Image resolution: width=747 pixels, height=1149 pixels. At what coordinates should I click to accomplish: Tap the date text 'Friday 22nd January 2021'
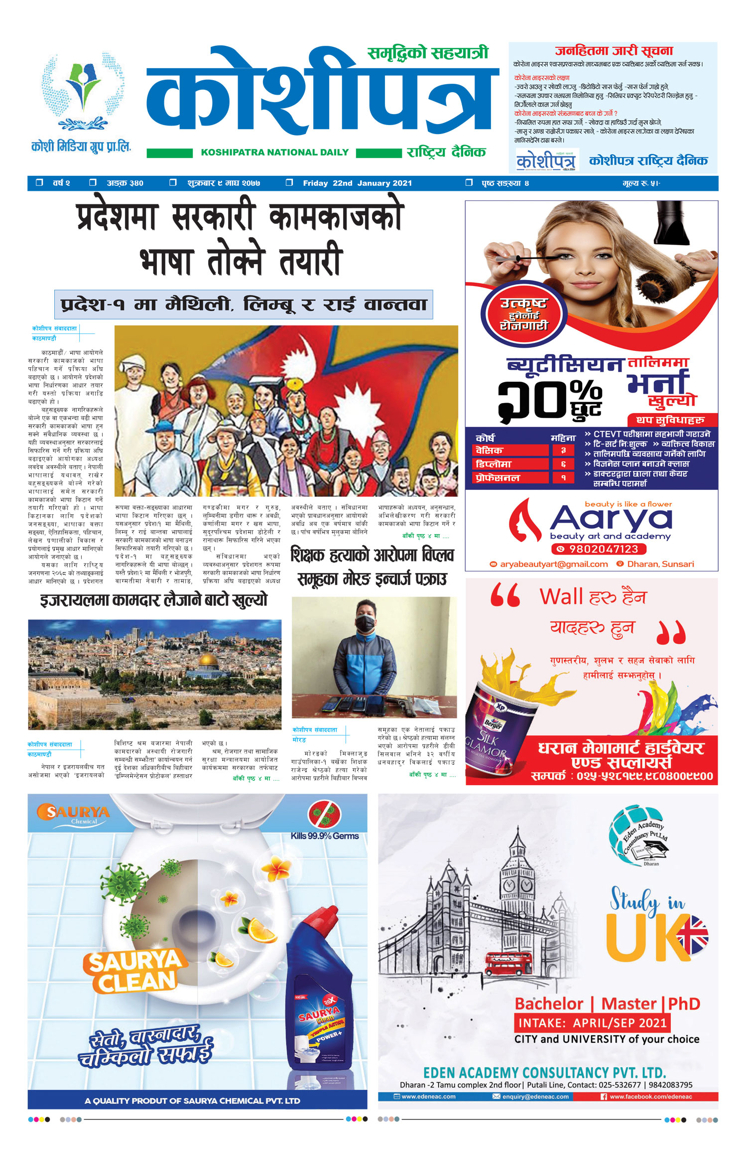357,183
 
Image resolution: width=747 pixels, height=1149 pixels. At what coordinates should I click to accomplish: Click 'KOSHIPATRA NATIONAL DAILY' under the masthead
274,152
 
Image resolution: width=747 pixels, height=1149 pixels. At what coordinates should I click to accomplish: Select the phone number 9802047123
599,549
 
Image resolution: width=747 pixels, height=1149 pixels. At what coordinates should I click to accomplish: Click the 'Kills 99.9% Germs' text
325,836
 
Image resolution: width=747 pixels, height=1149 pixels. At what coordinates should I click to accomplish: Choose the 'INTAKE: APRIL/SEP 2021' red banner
592,1023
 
